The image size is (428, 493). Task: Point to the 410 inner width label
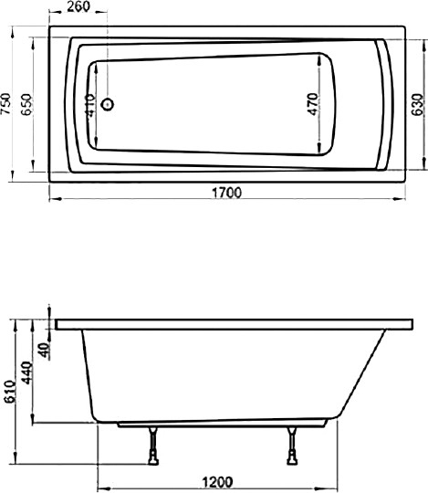coord(89,108)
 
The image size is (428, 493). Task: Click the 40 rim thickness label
coord(43,347)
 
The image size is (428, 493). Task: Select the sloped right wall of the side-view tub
coord(360,374)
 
